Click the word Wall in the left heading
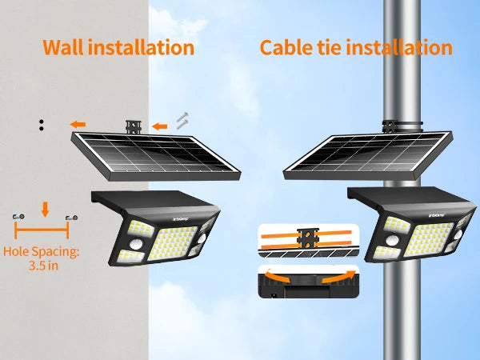(62, 47)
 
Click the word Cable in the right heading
(284, 48)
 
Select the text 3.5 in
(43, 265)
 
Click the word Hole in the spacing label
(17, 251)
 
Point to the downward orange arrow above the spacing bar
(46, 210)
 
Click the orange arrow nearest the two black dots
(78, 125)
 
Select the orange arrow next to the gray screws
(160, 126)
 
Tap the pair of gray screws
(182, 121)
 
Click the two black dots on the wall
(42, 125)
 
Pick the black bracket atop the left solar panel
(134, 127)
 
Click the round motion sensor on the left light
(136, 244)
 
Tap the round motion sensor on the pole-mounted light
(392, 241)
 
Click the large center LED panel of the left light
(172, 242)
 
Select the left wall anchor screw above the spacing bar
(18, 217)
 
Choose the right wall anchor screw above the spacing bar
(72, 218)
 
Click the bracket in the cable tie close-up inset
(308, 238)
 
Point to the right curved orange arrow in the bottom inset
(338, 277)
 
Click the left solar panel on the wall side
(156, 156)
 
